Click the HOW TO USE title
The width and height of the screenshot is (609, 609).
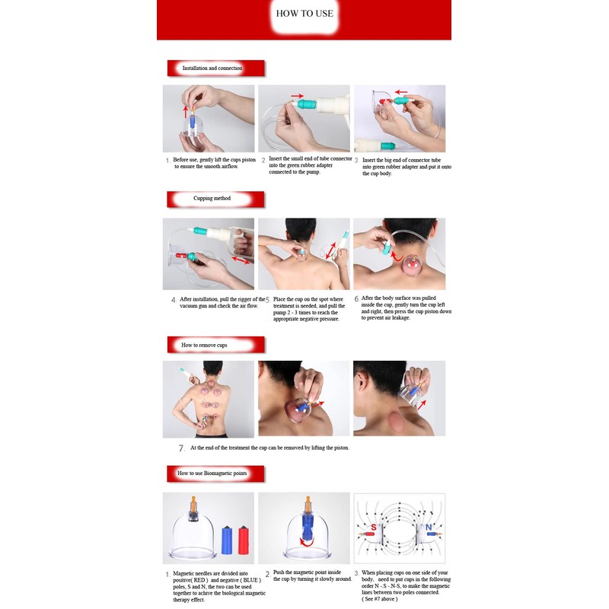pos(304,14)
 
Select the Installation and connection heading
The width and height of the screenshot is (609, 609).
pos(212,69)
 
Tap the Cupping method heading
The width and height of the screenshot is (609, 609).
pos(212,199)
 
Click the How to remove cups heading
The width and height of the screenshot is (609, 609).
pos(204,345)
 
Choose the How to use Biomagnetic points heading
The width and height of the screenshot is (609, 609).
pos(212,473)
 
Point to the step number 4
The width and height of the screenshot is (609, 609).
pos(174,300)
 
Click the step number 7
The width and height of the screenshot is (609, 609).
pos(181,448)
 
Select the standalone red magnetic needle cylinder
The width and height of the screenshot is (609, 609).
pos(244,540)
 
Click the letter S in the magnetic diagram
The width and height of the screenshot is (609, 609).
pos(374,528)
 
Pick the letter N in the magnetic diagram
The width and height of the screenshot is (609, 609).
pos(429,528)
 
